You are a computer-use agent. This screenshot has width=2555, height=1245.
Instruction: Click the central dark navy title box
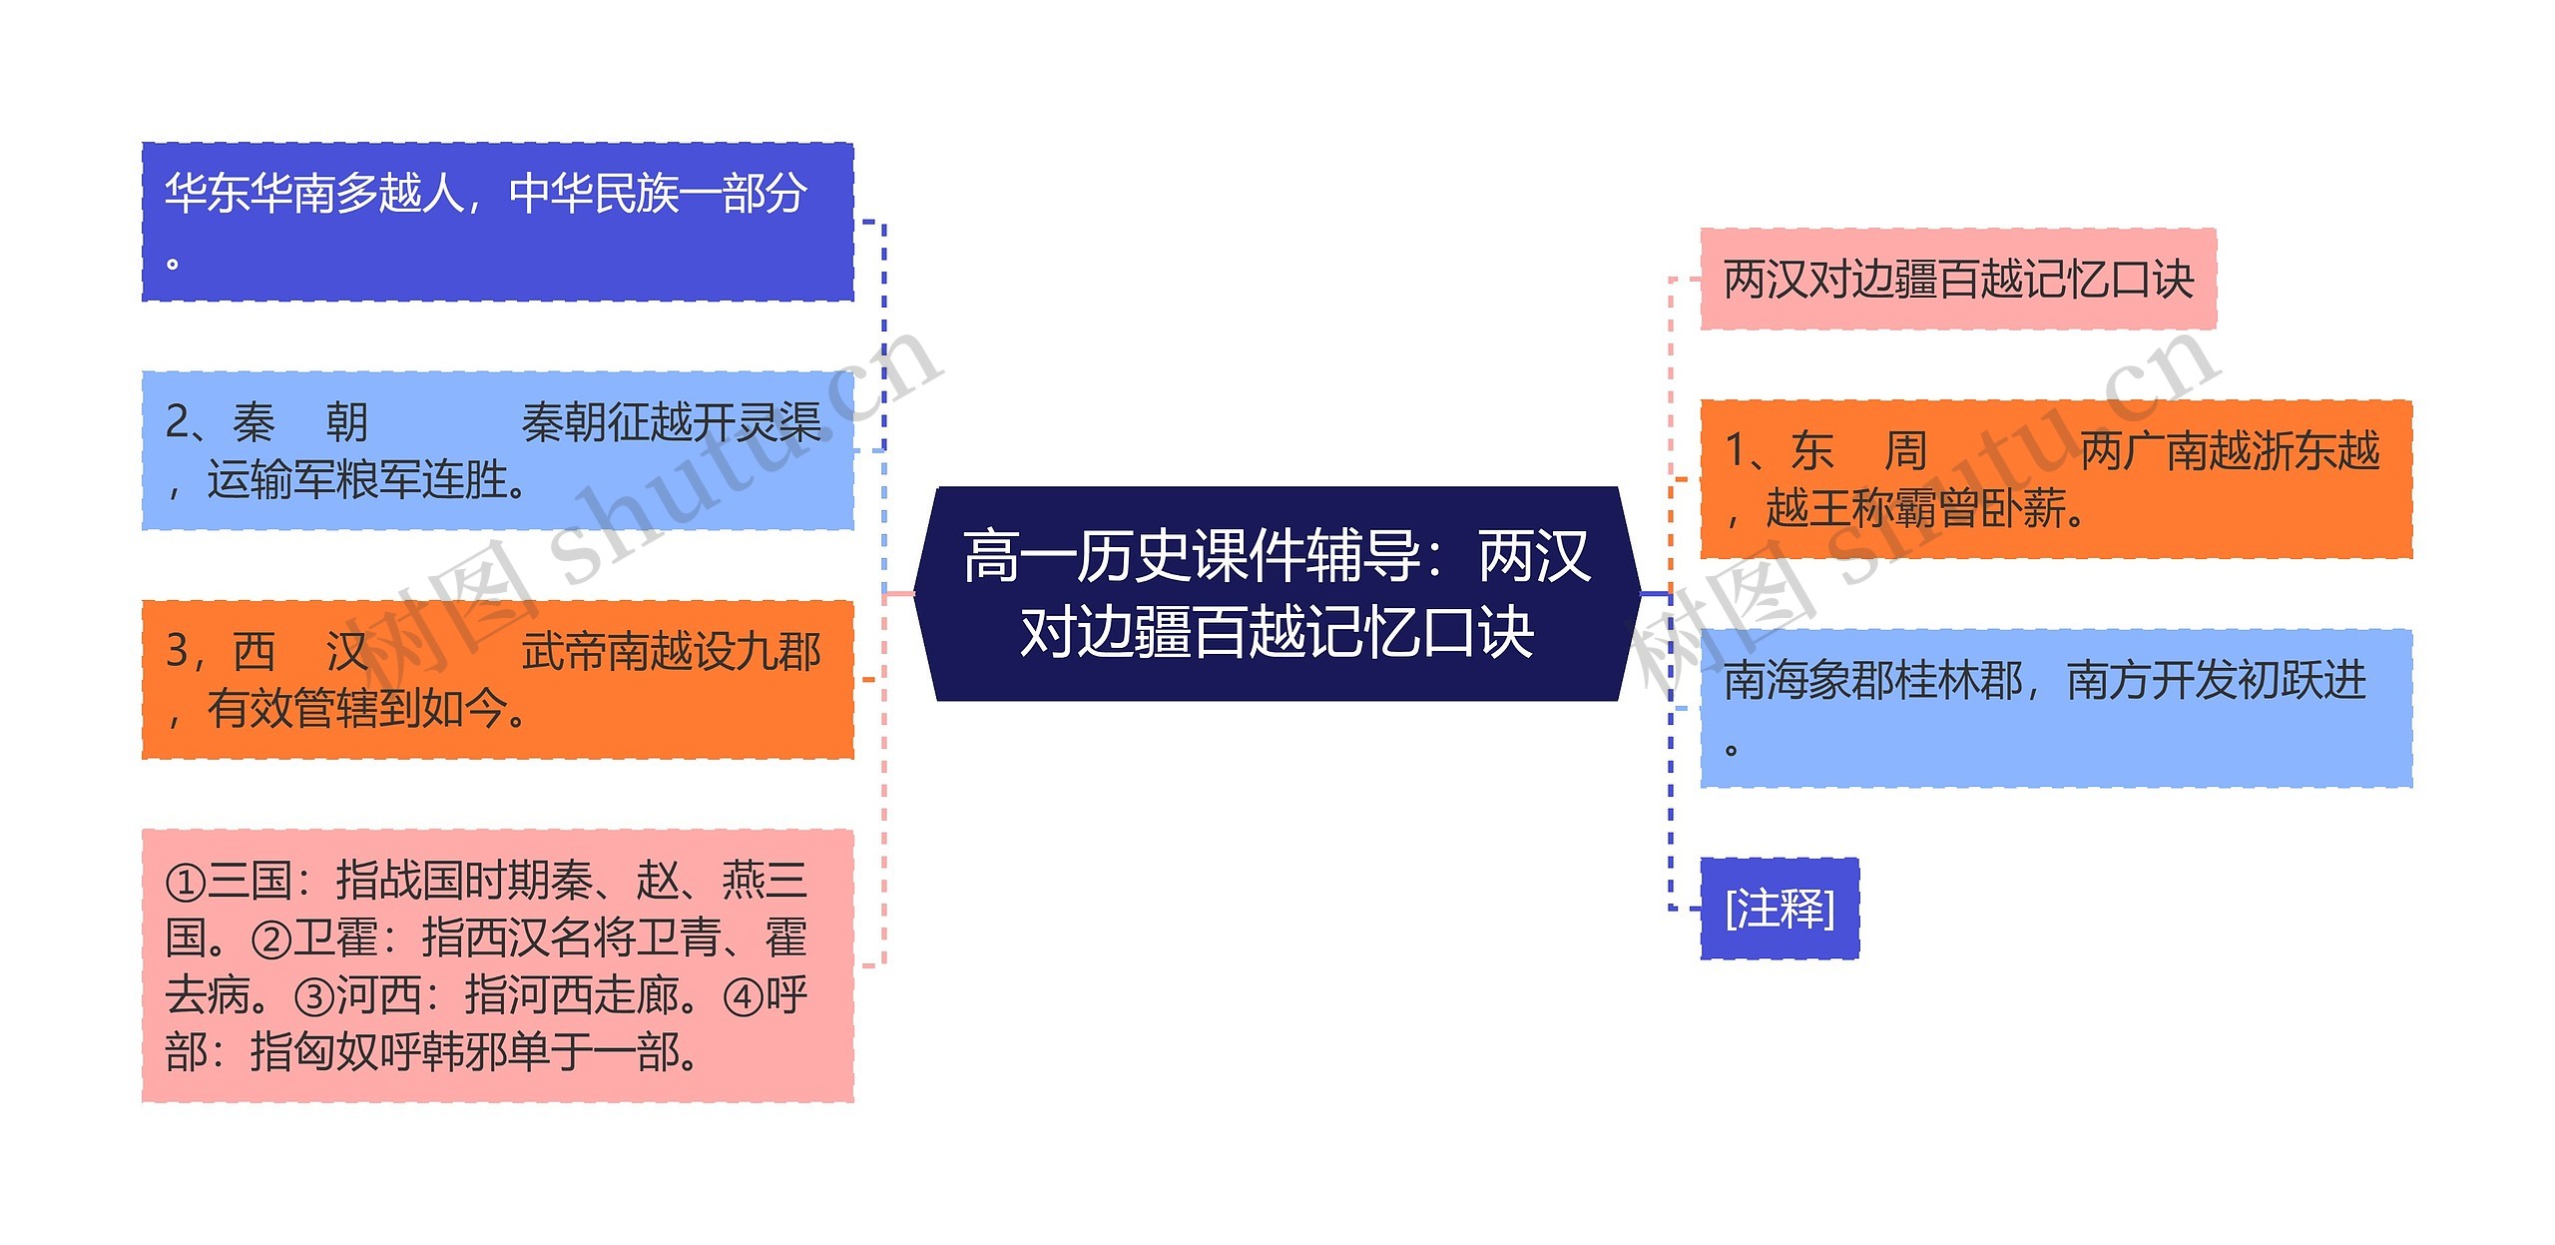1277,594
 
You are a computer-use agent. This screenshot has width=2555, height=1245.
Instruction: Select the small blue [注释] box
1779,909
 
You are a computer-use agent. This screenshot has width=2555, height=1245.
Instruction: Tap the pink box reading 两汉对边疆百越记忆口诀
1957,280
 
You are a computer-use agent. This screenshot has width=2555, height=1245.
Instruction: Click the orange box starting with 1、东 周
2055,479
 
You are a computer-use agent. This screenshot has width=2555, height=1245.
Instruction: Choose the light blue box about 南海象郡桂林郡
2055,708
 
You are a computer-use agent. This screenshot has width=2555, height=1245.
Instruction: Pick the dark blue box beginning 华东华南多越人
497,222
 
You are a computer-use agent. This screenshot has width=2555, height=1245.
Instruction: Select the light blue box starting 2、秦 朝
497,450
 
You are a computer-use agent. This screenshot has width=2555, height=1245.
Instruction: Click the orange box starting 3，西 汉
497,679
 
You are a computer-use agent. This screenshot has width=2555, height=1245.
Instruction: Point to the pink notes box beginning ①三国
497,965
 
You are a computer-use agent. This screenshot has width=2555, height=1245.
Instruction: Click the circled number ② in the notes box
271,939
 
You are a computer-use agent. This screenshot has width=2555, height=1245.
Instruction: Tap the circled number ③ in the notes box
314,996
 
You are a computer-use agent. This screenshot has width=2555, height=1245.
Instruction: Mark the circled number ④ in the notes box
743,996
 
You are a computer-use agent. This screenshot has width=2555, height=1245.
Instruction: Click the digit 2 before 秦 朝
177,422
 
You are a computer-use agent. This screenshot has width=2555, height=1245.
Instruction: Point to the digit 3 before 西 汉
177,651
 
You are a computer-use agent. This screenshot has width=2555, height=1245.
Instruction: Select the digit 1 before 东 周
1736,451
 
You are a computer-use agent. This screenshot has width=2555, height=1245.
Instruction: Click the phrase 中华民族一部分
657,193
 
